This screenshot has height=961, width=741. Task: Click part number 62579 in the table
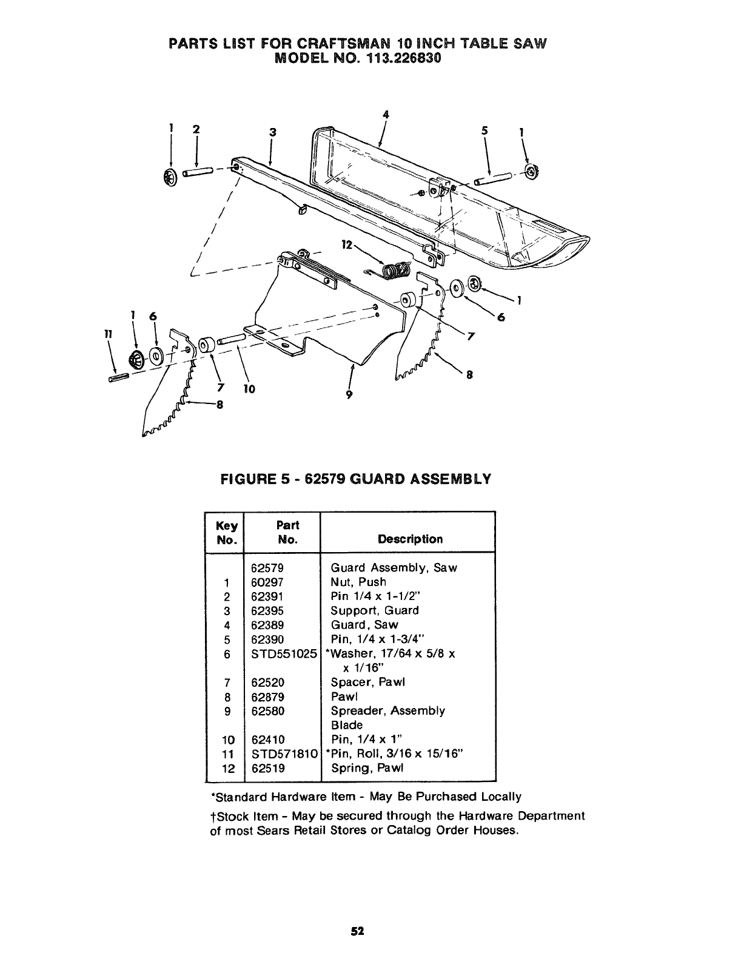(267, 568)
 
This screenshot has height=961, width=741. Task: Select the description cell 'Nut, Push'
(358, 582)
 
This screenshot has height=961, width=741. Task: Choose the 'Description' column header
(410, 539)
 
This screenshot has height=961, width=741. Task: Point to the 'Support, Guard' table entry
(374, 611)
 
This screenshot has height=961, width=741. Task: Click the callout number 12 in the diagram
(347, 244)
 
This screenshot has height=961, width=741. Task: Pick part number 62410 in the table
(267, 740)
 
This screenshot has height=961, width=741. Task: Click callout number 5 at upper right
(485, 129)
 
